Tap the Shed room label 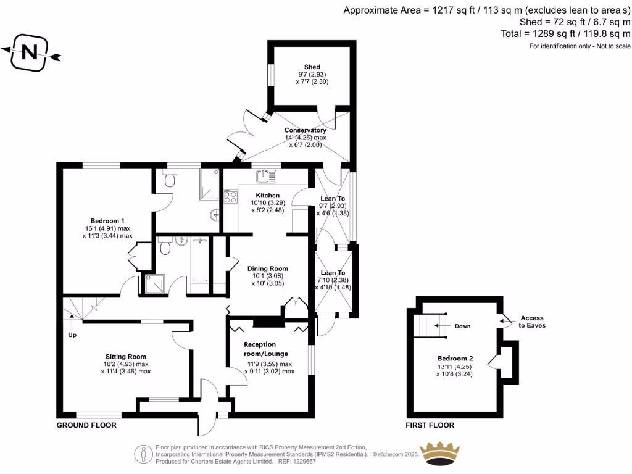[312, 67]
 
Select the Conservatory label [305, 130]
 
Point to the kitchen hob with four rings [231, 197]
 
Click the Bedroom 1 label [107, 221]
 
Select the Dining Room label [268, 268]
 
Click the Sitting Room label [125, 357]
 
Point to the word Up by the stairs [72, 335]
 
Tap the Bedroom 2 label [455, 359]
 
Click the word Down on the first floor [463, 326]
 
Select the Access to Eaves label [532, 322]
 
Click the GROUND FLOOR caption [86, 425]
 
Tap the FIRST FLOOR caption [430, 425]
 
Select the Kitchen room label [265, 196]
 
